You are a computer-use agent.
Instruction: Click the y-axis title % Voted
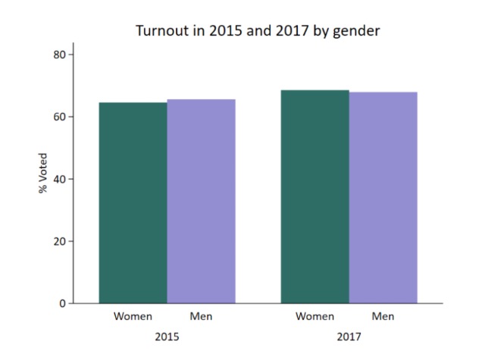(43, 179)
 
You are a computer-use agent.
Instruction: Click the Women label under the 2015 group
(133, 316)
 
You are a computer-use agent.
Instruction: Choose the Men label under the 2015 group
(201, 316)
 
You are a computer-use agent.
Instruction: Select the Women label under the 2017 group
(315, 316)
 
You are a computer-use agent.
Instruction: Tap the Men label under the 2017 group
(383, 316)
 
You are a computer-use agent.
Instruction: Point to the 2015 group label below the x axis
(167, 335)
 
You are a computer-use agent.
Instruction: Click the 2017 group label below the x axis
(349, 335)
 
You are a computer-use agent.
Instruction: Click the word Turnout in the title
(161, 31)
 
